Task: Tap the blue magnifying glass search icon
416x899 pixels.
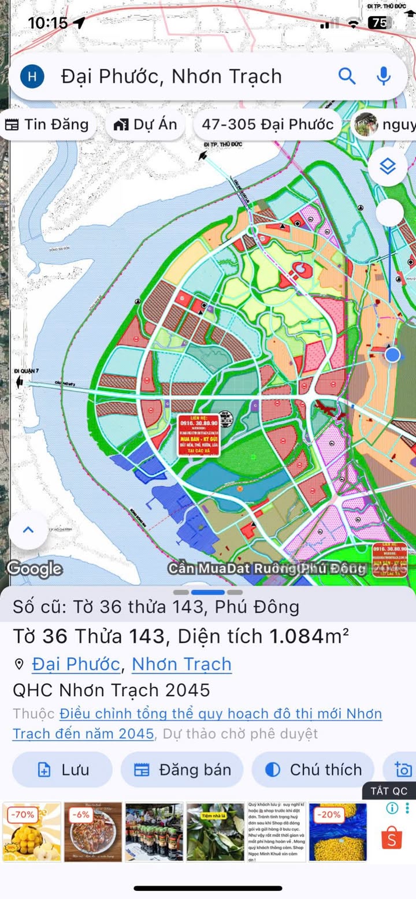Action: point(347,76)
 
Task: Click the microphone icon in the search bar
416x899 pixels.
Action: point(383,76)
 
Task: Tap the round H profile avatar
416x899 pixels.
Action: point(32,76)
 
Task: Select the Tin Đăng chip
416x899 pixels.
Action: point(47,124)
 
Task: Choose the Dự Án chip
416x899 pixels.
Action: point(145,124)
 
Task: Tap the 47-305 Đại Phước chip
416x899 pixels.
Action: point(267,124)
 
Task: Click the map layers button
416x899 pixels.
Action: point(387,167)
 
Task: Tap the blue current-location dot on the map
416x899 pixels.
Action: point(393,354)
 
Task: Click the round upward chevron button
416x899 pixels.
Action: point(28,530)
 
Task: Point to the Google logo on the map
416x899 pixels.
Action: point(34,569)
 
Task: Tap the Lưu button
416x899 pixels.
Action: point(62,770)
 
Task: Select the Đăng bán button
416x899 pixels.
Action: point(182,770)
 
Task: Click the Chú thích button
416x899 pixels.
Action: point(313,770)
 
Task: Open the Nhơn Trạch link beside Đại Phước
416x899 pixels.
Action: point(181,664)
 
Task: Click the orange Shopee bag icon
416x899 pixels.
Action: point(392,838)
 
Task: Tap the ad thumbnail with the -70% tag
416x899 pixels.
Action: point(31,832)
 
